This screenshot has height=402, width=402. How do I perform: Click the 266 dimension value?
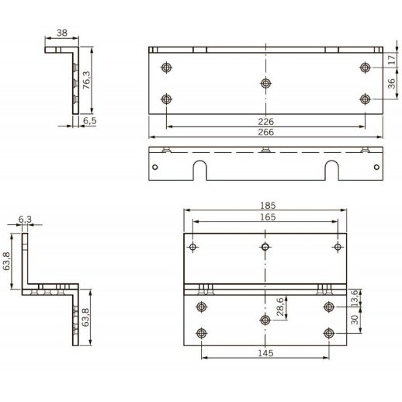[265, 132]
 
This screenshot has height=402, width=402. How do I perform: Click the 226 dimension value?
[265, 121]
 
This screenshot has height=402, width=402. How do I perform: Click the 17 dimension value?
[392, 58]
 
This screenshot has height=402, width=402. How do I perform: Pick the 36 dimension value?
[392, 84]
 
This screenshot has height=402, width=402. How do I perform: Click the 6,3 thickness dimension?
[24, 220]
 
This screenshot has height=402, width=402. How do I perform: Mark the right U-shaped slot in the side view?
[331, 168]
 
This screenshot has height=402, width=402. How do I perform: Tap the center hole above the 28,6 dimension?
[265, 319]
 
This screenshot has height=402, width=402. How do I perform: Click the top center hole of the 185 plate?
[265, 247]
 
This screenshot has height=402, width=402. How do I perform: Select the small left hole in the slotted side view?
[155, 167]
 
